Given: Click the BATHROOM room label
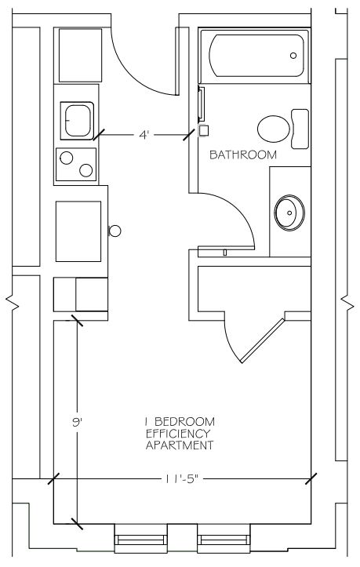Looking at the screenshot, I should [242, 155].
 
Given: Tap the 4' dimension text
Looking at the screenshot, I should [144, 135].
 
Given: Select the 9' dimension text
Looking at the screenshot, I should [77, 422].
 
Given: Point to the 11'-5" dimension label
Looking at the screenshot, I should [181, 478].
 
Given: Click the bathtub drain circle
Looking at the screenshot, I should [293, 56].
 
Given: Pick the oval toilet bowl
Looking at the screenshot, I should [274, 128].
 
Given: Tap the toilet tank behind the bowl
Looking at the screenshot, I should [300, 129].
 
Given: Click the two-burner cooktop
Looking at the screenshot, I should [76, 165].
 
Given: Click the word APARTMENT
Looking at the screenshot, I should [180, 445].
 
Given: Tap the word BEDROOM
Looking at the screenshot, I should [185, 422].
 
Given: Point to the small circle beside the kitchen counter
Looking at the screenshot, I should [115, 231].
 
